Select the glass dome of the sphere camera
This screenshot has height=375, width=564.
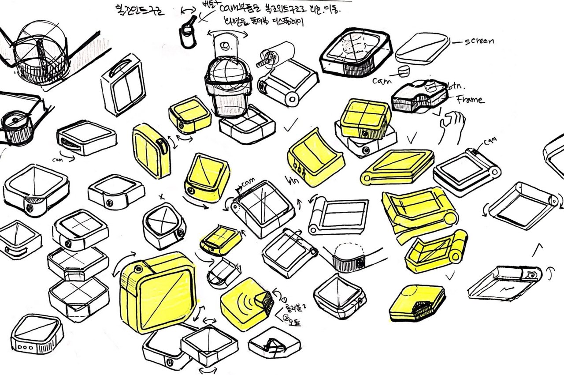[x=228, y=69]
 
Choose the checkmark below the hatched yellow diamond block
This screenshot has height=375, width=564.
[x=450, y=277]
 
